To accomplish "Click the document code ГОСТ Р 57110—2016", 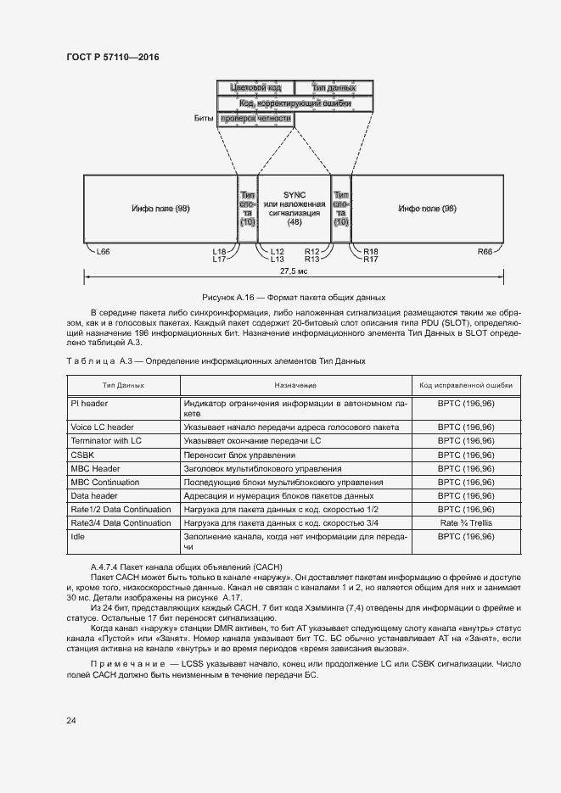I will point(112,57).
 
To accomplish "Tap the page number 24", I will point(71,720).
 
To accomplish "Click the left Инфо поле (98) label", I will point(160,209).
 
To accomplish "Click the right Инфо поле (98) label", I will point(427,209).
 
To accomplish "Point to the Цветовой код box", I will point(255,88).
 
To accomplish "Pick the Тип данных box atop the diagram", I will point(333,88).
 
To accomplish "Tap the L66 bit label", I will point(104,252).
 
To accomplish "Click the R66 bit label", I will point(485,252).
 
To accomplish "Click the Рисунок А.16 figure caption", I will point(293,298).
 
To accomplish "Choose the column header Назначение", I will point(295,385).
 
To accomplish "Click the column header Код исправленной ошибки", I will point(466,385).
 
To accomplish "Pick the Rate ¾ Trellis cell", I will point(466,523).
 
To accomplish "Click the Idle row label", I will point(78,537).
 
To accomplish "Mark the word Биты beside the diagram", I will point(203,120).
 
